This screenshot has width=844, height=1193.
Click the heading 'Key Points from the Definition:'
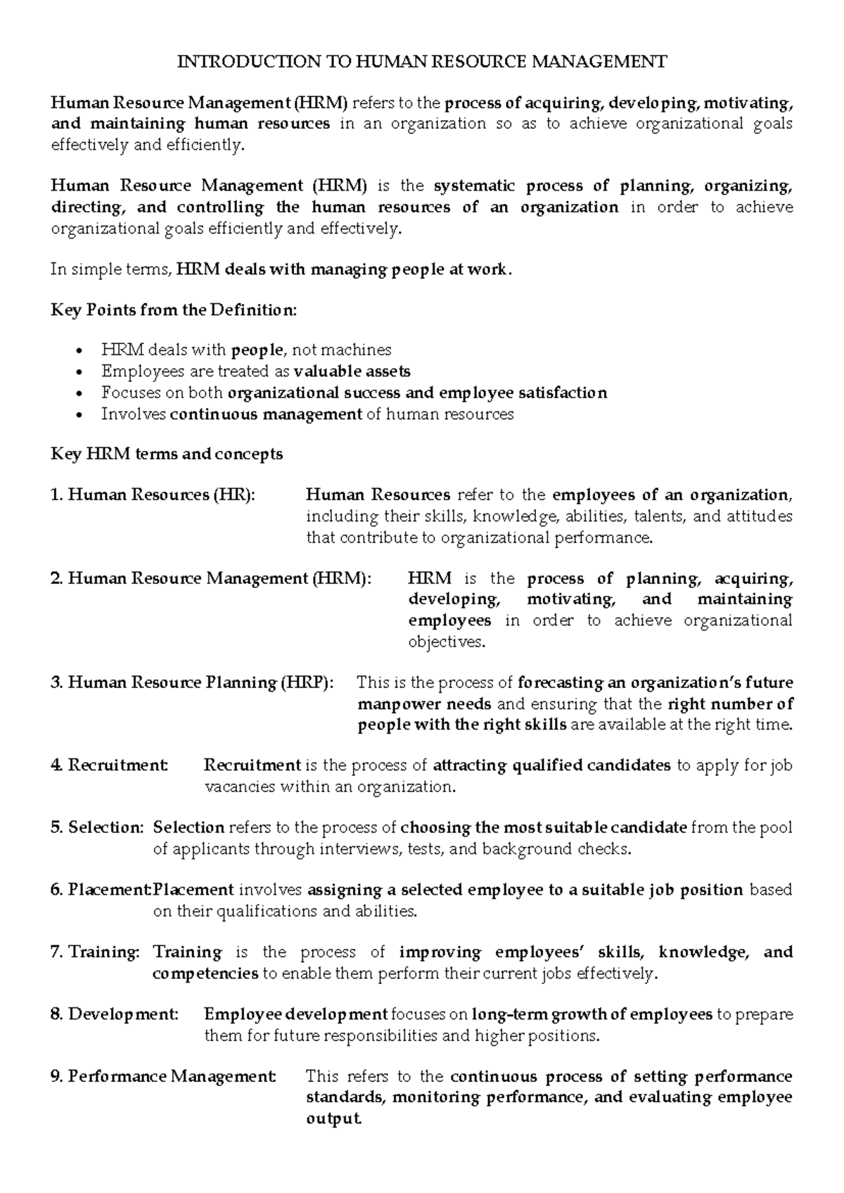pyautogui.click(x=174, y=310)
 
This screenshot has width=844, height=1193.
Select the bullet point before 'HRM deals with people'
pyautogui.click(x=85, y=351)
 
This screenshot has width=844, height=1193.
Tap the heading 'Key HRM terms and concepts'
pyautogui.click(x=167, y=454)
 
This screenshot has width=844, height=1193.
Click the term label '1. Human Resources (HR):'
pyautogui.click(x=152, y=495)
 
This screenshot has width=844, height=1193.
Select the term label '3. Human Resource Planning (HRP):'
pyautogui.click(x=192, y=683)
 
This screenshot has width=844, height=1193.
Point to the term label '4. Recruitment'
pyautogui.click(x=109, y=766)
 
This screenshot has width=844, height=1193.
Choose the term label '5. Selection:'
pyautogui.click(x=97, y=828)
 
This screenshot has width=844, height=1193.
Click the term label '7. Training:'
pyautogui.click(x=95, y=952)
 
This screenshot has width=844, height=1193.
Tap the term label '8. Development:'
pyautogui.click(x=115, y=1015)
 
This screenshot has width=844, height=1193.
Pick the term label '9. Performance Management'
pyautogui.click(x=163, y=1077)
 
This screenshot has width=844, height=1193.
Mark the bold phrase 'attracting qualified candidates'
pyautogui.click(x=551, y=766)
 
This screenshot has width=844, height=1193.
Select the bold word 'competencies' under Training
pyautogui.click(x=205, y=974)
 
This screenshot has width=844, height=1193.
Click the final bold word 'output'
pyautogui.click(x=333, y=1119)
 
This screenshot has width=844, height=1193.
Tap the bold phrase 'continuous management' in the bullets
pyautogui.click(x=266, y=414)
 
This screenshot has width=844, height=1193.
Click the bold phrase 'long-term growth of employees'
pyautogui.click(x=592, y=1015)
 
